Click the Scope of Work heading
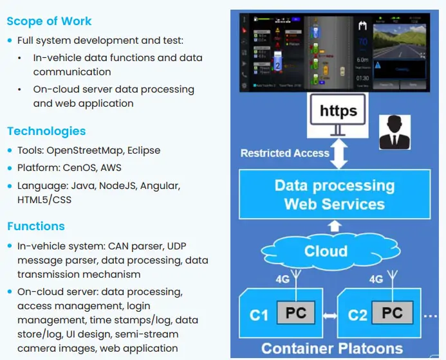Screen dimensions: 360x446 pos(50,21)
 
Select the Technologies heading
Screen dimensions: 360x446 pos(46,131)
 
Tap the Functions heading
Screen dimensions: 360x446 pos(36,226)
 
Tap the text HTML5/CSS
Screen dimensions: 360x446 pos(44,200)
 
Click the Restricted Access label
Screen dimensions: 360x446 pos(284,153)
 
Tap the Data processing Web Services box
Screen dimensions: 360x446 pos(334,195)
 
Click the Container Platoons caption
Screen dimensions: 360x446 pos(331,348)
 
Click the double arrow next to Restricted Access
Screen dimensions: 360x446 pos(339,153)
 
